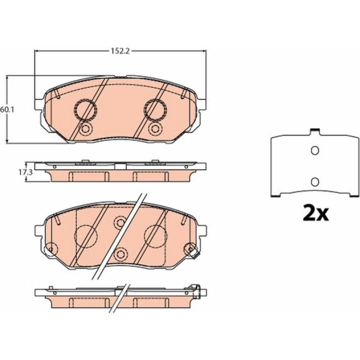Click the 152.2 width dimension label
(120, 51)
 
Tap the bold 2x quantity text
(316, 213)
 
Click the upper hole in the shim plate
(315, 151)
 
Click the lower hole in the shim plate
(315, 182)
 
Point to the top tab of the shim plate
(315, 131)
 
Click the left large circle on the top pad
(85, 110)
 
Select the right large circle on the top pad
(155, 110)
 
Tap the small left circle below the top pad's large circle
(85, 129)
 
